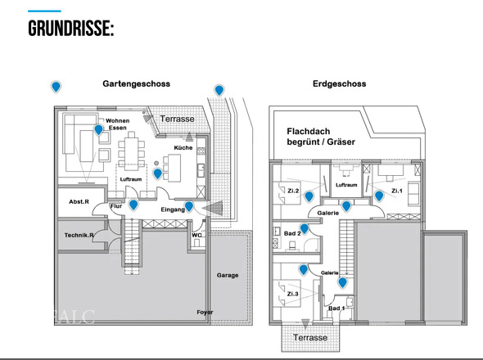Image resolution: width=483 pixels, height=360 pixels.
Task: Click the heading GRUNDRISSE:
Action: point(70,30)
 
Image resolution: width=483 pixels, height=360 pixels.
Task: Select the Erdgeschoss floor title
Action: point(339,84)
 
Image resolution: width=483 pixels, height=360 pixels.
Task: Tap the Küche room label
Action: point(183,147)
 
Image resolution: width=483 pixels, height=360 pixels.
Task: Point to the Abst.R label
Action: point(79,201)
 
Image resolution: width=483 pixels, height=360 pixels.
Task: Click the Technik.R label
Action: point(79,236)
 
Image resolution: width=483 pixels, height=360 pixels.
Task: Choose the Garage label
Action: point(228,275)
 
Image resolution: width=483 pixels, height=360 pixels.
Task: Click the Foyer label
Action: point(205,312)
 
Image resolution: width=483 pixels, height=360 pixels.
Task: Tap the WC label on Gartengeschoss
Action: point(196,235)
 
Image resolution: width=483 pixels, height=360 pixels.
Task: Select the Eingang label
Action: point(172,210)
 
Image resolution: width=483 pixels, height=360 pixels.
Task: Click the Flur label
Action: point(115,206)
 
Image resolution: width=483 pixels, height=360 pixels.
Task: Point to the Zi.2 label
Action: point(293,191)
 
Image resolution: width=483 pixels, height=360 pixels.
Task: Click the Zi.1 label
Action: point(397,191)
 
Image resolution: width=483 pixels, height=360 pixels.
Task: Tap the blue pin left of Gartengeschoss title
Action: point(56,87)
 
